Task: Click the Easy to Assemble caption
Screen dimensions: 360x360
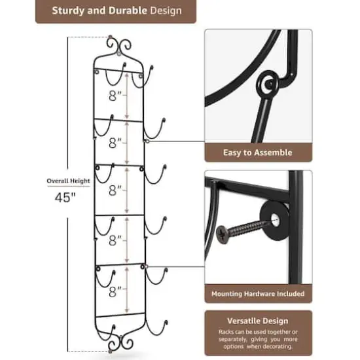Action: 257,153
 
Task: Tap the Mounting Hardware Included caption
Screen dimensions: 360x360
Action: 257,294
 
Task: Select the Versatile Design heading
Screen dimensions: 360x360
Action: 258,321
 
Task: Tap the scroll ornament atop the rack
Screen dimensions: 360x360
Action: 119,47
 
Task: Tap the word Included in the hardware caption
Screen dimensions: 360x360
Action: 288,294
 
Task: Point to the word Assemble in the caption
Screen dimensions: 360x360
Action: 274,153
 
